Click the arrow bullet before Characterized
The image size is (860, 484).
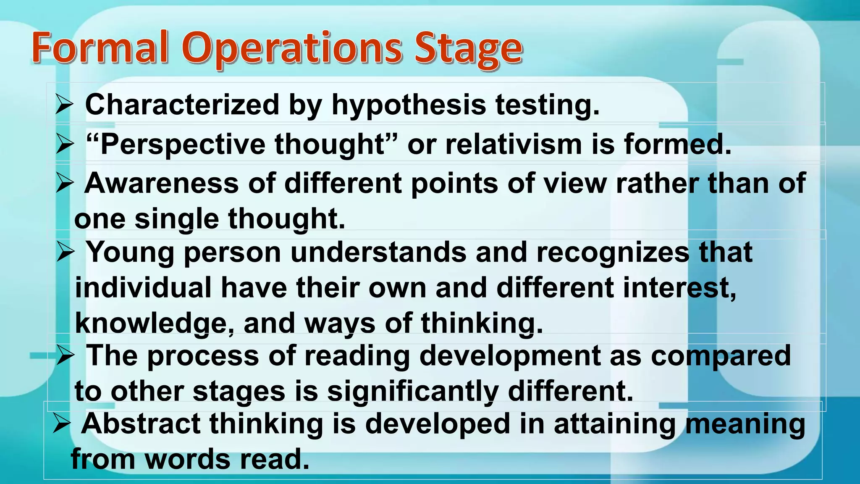click(x=65, y=105)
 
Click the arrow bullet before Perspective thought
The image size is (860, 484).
click(x=65, y=144)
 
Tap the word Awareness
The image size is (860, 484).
click(x=161, y=183)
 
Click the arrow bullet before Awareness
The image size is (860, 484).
click(x=65, y=183)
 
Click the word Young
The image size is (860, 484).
click(x=130, y=253)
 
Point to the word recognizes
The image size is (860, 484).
click(x=613, y=252)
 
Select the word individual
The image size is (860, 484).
click(x=143, y=288)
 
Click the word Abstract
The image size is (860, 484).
click(x=140, y=423)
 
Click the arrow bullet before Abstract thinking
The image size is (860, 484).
click(x=62, y=423)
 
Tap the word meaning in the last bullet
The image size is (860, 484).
click(x=745, y=423)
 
